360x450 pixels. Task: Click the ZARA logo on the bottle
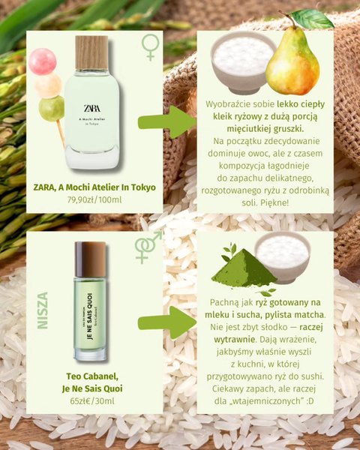coord(92,108)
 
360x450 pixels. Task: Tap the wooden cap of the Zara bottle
coord(91,52)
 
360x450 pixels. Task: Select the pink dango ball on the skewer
coord(43,61)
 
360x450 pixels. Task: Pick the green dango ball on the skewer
coord(52,109)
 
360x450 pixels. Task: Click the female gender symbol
coord(151,47)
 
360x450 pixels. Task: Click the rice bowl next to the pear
coord(243,62)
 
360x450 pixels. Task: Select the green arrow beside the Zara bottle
coord(167,122)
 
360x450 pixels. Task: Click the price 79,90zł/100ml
coord(94,199)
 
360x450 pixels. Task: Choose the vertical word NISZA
coord(43,310)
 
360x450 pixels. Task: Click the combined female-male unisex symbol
coord(148,247)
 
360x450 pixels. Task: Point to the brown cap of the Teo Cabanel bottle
coord(90,259)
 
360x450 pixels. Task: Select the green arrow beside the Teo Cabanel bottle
coord(167,322)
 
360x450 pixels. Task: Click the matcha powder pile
coord(244,268)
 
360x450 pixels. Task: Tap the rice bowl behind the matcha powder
coord(283,257)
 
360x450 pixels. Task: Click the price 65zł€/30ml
coord(92,401)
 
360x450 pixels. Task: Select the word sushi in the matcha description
coord(313,376)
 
